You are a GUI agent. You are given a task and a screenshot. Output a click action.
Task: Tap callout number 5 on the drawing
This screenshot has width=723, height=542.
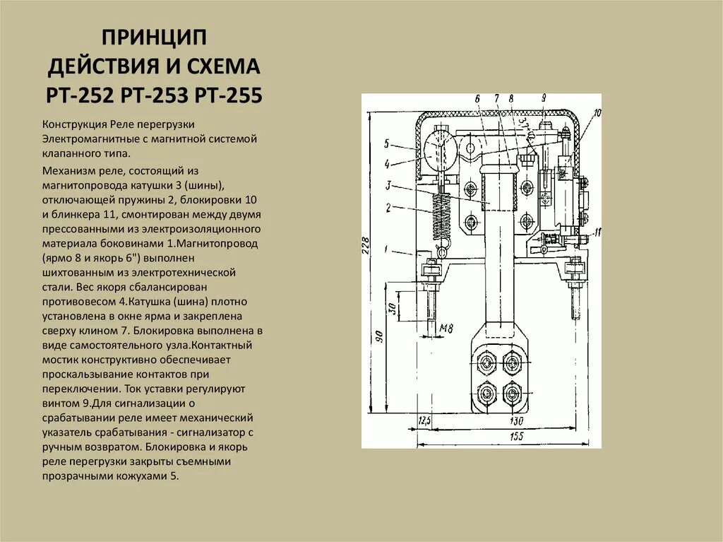387,143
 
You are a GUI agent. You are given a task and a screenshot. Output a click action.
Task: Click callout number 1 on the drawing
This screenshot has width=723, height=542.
387,249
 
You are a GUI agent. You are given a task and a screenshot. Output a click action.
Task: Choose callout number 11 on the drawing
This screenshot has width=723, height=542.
597,232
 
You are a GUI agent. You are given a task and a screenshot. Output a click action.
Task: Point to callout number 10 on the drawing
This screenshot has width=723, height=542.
597,113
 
